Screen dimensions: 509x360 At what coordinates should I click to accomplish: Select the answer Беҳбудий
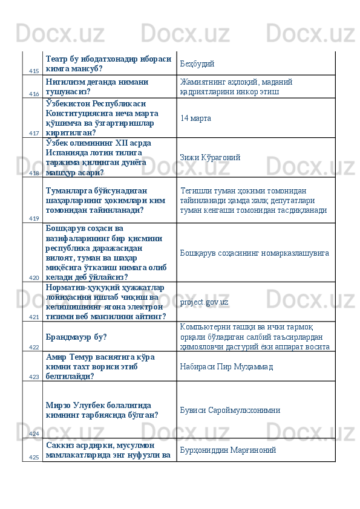click(197, 63)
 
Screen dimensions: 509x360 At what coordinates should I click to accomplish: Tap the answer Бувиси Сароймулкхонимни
click(227, 409)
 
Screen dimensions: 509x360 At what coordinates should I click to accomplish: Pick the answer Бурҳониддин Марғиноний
click(228, 450)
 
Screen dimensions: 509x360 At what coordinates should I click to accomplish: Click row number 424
click(33, 433)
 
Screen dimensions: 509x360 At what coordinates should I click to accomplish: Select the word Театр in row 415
click(56, 59)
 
